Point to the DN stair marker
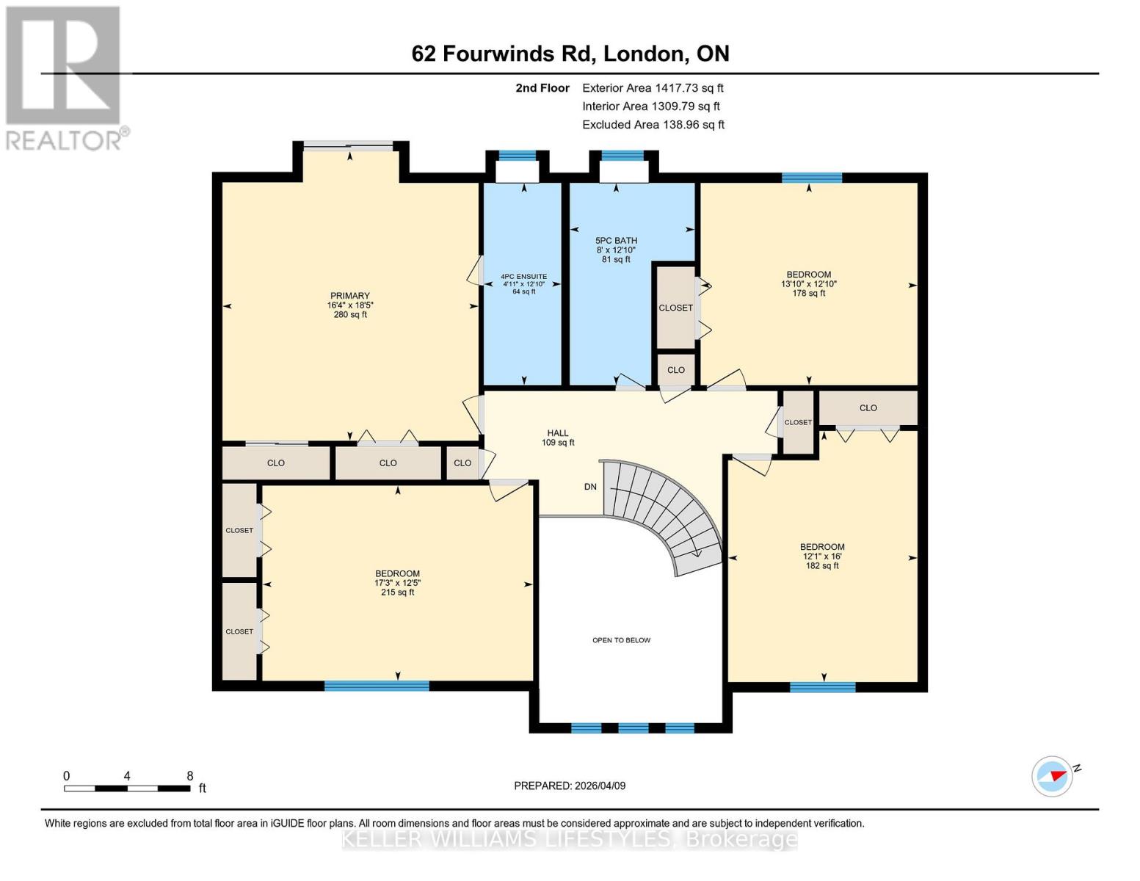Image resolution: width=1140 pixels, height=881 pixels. [x=590, y=487]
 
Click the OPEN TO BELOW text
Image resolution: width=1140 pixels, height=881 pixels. [x=621, y=640]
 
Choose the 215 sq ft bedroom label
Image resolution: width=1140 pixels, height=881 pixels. [x=397, y=583]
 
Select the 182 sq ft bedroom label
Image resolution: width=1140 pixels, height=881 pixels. [x=821, y=556]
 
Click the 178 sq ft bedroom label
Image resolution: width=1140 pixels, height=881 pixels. [x=808, y=283]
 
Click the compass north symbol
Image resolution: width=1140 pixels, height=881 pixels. [x=1053, y=776]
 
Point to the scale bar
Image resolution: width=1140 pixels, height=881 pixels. [x=126, y=788]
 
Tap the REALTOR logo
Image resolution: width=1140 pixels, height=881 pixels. [x=65, y=77]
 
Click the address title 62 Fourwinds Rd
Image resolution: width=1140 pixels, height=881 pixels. [x=570, y=54]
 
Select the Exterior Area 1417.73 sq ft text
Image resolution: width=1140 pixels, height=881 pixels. [x=653, y=88]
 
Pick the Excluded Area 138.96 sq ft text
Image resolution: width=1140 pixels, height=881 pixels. [x=653, y=125]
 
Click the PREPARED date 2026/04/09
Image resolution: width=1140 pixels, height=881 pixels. [x=570, y=786]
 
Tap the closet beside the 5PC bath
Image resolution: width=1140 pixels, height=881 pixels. [x=675, y=307]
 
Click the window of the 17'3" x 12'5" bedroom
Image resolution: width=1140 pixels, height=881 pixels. [x=377, y=686]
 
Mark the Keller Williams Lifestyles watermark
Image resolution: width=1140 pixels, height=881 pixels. [x=570, y=839]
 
